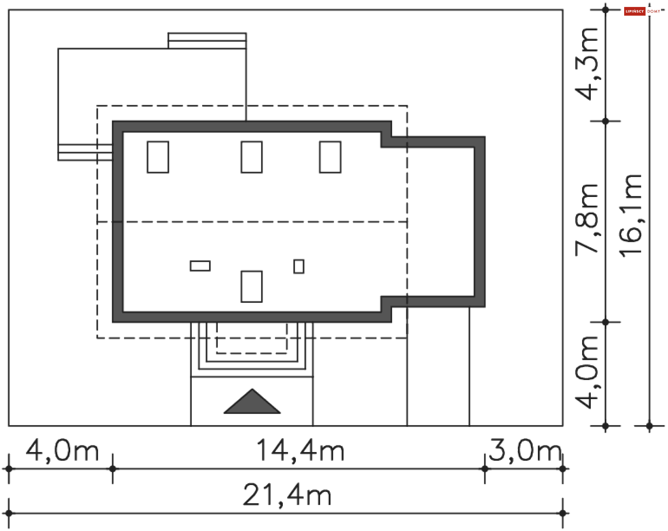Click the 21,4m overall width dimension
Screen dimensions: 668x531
(287, 494)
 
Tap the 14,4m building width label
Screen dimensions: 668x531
(300, 450)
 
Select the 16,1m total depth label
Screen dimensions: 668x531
(631, 216)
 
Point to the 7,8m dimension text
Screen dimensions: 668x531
(587, 220)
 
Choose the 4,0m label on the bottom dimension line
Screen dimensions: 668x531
(62, 450)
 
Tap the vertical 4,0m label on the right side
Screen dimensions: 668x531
(587, 372)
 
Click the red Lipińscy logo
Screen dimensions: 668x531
(635, 11)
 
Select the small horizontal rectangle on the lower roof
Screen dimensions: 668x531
(200, 266)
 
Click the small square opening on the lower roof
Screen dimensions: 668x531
(299, 267)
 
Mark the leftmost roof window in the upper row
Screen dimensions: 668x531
(158, 157)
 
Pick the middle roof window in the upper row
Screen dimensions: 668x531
(252, 157)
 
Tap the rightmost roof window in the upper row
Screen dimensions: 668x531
(330, 157)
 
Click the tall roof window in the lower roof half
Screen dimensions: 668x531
(252, 286)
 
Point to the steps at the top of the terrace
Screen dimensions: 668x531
(207, 41)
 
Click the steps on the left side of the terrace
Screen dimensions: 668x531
(85, 152)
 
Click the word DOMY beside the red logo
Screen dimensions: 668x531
(654, 11)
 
